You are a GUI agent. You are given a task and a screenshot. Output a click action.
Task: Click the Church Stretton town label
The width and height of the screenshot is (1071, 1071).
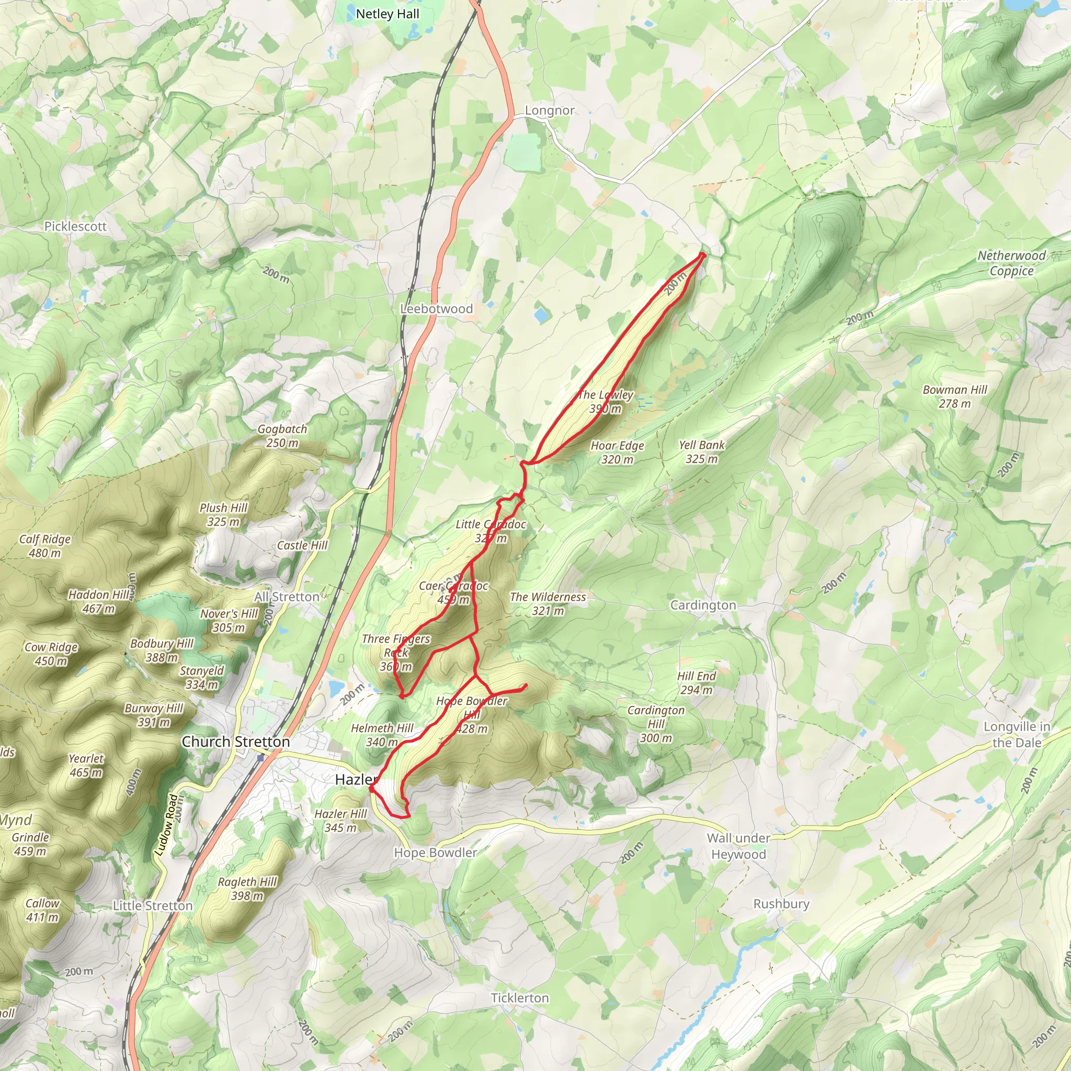click(x=236, y=742)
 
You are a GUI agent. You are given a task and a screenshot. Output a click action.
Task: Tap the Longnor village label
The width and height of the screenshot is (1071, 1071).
click(x=550, y=110)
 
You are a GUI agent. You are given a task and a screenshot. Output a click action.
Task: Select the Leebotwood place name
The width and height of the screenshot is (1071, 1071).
click(x=436, y=309)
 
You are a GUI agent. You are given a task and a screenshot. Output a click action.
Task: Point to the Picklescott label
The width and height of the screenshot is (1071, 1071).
click(x=75, y=226)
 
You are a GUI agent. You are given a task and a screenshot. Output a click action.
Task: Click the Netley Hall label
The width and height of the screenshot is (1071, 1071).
click(x=388, y=14)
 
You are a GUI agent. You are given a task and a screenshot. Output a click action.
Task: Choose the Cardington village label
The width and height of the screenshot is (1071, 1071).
click(x=703, y=605)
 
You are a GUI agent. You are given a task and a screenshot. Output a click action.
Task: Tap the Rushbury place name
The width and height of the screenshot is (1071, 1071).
click(x=781, y=904)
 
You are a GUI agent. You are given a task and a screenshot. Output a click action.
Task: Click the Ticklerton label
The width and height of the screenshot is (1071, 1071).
click(x=519, y=982)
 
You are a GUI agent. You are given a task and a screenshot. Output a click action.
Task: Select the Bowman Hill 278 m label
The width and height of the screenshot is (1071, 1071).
click(x=954, y=396)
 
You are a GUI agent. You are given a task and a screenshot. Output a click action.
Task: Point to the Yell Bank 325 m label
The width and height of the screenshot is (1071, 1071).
click(x=701, y=451)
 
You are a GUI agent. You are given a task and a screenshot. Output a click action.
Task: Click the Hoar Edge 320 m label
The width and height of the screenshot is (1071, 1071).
click(x=617, y=452)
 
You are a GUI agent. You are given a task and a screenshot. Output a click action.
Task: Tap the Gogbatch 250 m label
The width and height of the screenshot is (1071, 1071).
click(x=282, y=435)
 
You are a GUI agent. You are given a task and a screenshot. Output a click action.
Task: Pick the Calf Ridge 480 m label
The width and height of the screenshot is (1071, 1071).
click(x=45, y=545)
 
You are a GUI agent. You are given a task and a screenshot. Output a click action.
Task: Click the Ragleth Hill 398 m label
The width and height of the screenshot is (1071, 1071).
click(x=247, y=888)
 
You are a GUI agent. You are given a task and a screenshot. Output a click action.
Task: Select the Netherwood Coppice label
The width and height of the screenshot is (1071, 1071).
click(x=1011, y=263)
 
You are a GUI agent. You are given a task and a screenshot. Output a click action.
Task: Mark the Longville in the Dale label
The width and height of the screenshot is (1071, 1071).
click(x=1017, y=735)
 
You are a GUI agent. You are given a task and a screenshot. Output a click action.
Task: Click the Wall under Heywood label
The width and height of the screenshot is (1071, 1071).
click(x=738, y=846)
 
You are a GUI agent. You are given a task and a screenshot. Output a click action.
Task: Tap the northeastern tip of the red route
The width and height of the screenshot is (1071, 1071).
click(x=703, y=255)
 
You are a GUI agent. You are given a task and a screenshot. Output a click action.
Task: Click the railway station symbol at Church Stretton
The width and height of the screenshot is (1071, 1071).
click(x=260, y=757)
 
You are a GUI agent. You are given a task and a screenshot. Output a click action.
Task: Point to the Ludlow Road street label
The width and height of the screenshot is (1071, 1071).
click(x=167, y=825)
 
